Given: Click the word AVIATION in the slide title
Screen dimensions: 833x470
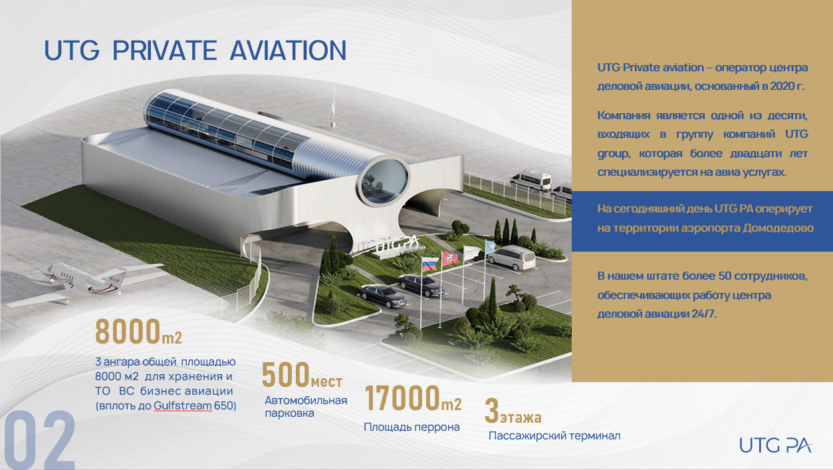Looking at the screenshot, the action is (x=289, y=51).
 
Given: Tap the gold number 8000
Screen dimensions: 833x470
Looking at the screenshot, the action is (x=128, y=331).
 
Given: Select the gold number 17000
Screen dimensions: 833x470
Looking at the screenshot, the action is (x=402, y=398).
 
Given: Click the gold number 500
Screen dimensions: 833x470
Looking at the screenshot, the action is (x=286, y=375).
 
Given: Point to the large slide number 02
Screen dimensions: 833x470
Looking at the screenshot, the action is (x=40, y=440).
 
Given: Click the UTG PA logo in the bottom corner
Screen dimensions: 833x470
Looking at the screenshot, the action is (x=775, y=445).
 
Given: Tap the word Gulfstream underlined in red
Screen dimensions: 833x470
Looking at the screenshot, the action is (x=183, y=405).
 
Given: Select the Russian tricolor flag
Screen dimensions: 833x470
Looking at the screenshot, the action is (x=429, y=264).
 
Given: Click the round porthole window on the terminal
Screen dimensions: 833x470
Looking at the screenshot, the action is (x=384, y=182).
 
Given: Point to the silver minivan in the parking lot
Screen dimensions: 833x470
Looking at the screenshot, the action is (x=511, y=257).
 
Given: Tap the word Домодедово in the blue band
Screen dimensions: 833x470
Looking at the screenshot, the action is (x=778, y=228).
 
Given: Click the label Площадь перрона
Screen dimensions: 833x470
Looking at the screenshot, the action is (x=412, y=427).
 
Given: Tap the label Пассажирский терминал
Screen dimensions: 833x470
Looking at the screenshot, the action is (x=554, y=436).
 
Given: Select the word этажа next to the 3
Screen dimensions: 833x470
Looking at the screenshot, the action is (x=521, y=418).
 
